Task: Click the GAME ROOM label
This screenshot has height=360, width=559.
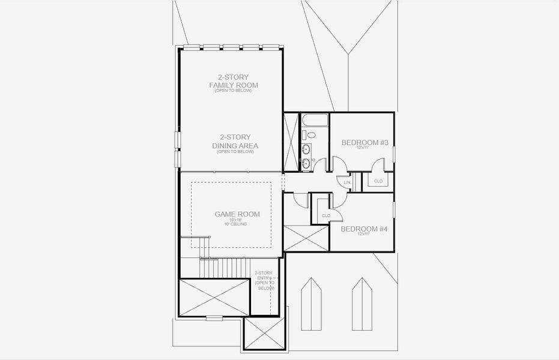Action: [x=234, y=214]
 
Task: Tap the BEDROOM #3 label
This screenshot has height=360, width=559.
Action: [x=365, y=142]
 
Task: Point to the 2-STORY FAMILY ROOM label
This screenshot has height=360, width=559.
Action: [x=234, y=81]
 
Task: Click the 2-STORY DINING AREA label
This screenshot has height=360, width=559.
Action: [x=235, y=142]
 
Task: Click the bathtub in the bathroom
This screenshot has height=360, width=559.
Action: [x=315, y=119]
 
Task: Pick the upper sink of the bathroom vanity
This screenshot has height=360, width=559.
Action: [x=306, y=148]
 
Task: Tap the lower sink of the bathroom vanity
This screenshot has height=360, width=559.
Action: [x=306, y=162]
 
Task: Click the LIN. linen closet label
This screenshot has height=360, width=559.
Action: [x=346, y=182]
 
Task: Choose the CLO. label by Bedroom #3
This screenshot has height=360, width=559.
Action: [x=378, y=181]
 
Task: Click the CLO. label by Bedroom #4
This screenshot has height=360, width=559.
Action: [x=327, y=215]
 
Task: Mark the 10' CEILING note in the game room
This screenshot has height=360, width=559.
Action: [x=234, y=224]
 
